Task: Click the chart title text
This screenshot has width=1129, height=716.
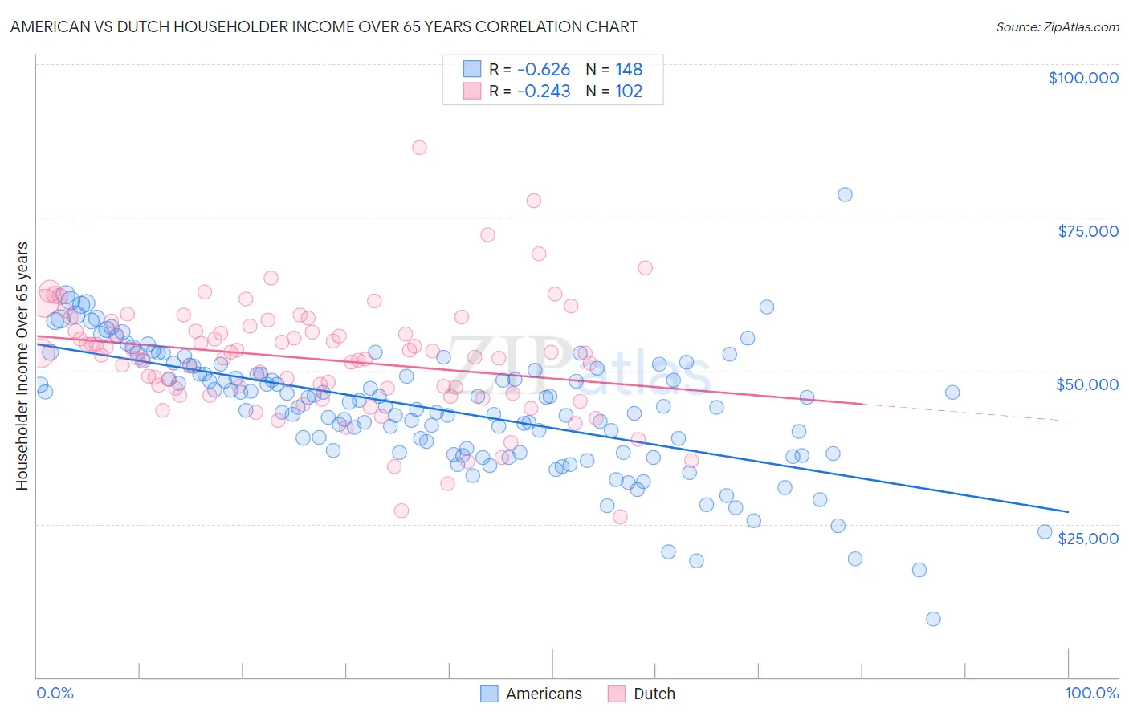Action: tap(324, 27)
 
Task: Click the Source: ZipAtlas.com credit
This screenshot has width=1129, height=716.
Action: tap(1057, 27)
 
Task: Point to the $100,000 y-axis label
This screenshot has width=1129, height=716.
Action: tap(1082, 78)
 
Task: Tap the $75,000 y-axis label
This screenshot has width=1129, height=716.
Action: tap(1087, 231)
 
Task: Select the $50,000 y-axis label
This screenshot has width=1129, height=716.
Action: tap(1086, 384)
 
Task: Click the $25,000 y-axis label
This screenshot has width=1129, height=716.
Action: tap(1087, 539)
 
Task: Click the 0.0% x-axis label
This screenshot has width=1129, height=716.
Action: tap(55, 693)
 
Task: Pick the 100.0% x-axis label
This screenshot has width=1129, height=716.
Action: tap(1091, 693)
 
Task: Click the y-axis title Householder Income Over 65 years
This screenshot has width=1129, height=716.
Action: tap(22, 365)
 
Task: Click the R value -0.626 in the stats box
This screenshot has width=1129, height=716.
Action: tap(543, 69)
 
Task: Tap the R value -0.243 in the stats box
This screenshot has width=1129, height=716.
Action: tap(543, 91)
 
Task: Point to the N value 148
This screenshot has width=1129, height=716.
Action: tap(629, 69)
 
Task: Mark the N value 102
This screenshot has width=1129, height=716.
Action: tap(629, 91)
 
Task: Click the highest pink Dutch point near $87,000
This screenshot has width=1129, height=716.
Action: tap(419, 148)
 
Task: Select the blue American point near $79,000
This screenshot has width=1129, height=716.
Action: tap(845, 195)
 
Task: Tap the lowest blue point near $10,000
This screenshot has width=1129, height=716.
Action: tap(933, 619)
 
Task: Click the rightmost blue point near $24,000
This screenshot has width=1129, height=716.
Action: tap(1045, 531)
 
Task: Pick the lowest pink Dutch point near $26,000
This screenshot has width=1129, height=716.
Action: tap(620, 517)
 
